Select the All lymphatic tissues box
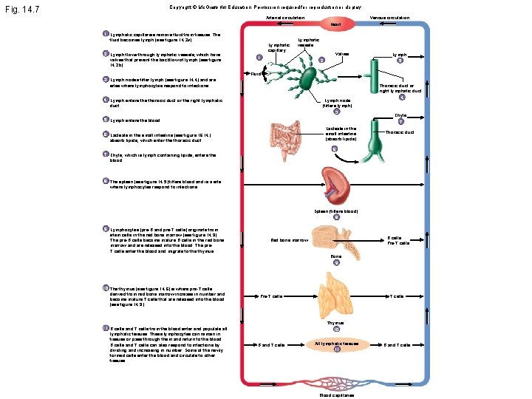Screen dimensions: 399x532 pyautogui.click(x=336, y=344)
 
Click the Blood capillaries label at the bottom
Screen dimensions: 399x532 pyautogui.click(x=336, y=395)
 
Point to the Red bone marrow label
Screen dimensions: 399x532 pyautogui.click(x=289, y=240)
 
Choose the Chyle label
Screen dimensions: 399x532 pyautogui.click(x=400, y=115)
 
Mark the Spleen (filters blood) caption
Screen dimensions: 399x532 pyautogui.click(x=336, y=211)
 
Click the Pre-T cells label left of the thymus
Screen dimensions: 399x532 pyautogui.click(x=272, y=296)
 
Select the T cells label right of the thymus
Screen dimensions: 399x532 pyautogui.click(x=396, y=296)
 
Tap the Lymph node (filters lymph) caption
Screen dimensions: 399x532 pyautogui.click(x=336, y=103)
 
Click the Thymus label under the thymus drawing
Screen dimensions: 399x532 pyautogui.click(x=335, y=323)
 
